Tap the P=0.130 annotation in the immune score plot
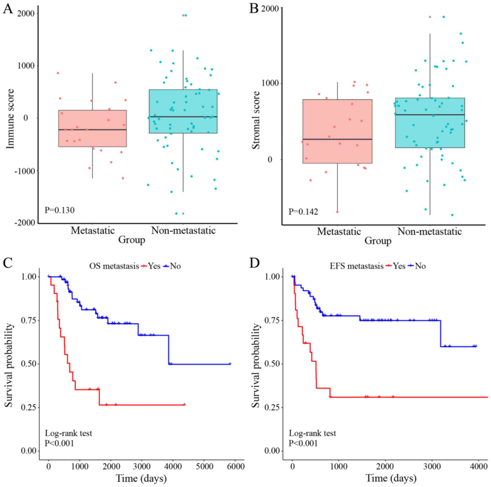(59, 210)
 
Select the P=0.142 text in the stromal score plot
(303, 212)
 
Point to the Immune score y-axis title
(10, 119)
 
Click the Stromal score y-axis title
(256, 120)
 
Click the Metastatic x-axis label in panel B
(339, 232)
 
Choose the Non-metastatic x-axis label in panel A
(183, 230)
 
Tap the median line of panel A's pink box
(93, 130)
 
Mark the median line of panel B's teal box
(430, 115)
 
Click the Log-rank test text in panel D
(312, 433)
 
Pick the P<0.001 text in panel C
(59, 443)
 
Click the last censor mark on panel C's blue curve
(230, 364)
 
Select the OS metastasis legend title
(114, 266)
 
